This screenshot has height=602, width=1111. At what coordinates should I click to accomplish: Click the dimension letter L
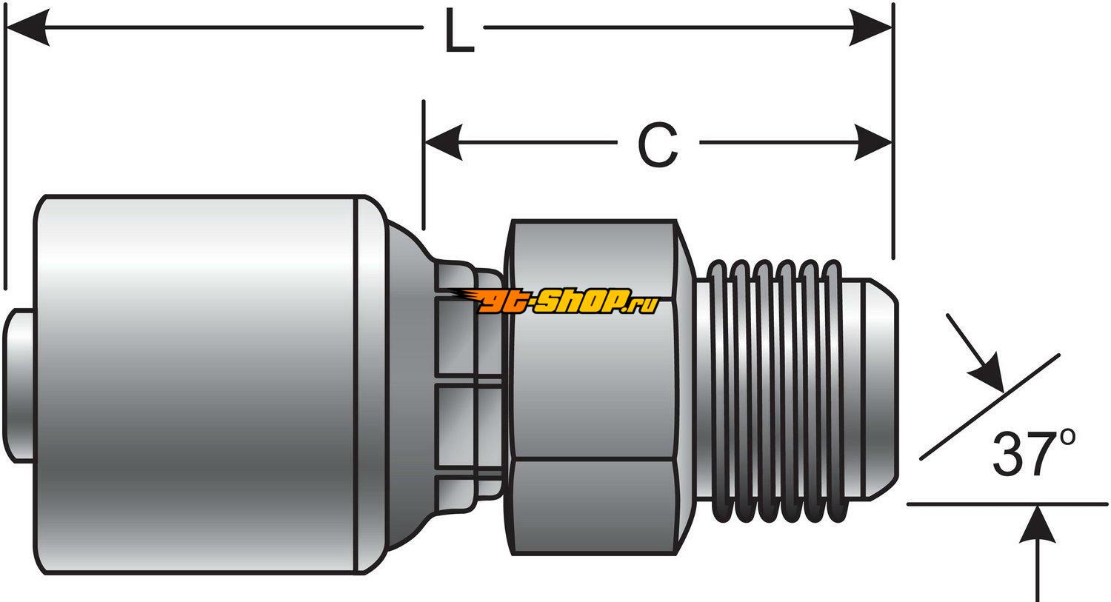tap(458, 31)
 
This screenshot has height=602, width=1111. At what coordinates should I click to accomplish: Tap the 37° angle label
tap(1032, 453)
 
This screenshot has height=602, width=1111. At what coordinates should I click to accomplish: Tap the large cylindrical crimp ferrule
tap(200, 385)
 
